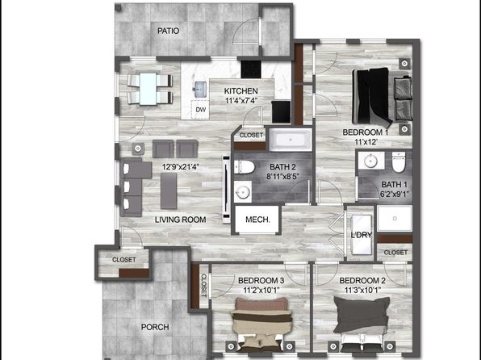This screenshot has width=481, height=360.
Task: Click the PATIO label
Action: (x=168, y=31)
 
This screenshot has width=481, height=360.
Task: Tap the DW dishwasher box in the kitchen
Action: (x=200, y=110)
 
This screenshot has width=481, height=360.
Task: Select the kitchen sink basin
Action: (x=200, y=90)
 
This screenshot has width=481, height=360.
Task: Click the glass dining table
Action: (x=148, y=89)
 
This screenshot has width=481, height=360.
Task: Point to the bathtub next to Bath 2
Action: (x=291, y=140)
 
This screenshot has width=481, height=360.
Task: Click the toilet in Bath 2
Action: (x=245, y=167)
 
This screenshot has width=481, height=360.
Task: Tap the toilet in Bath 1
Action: (x=399, y=161)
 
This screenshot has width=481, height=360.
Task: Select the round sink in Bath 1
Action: (x=370, y=160)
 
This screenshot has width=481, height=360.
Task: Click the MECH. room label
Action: (x=257, y=220)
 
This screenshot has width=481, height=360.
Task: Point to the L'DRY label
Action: (x=362, y=235)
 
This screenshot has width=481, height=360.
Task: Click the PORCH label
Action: (x=155, y=327)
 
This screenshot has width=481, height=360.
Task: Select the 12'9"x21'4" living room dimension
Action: (x=181, y=167)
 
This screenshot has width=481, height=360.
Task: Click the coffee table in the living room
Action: (x=169, y=190)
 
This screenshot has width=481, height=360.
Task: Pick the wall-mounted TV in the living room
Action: (x=226, y=190)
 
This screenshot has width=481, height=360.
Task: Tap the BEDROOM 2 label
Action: (x=362, y=281)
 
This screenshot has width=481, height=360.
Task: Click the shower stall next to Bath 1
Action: (x=395, y=218)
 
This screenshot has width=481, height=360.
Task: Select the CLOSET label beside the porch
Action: (x=124, y=260)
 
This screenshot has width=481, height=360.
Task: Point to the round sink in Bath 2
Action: (x=243, y=192)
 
